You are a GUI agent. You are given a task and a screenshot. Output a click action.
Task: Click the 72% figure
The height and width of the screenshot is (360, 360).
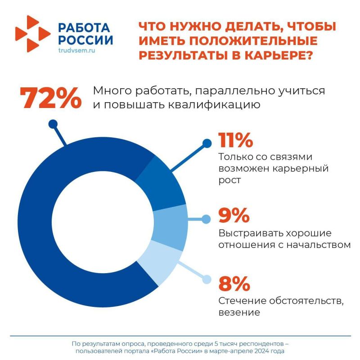[x=50, y=98]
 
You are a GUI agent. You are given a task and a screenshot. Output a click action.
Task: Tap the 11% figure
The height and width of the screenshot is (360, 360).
[x=235, y=140]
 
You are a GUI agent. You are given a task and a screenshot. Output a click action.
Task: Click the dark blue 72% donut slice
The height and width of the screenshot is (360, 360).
[x=54, y=225]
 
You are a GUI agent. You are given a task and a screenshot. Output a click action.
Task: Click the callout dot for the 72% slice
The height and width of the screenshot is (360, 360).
[x=53, y=124]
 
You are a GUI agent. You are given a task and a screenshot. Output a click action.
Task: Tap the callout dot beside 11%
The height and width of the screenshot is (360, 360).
[x=207, y=144]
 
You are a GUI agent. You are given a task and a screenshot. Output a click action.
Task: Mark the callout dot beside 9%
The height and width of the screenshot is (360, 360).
[x=206, y=220]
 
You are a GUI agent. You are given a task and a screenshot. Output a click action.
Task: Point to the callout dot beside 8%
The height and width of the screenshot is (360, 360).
[x=206, y=279]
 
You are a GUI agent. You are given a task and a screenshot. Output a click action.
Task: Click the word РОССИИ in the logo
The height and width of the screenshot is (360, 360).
[x=85, y=40]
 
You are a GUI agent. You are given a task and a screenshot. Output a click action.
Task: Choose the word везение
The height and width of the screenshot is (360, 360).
[x=239, y=312]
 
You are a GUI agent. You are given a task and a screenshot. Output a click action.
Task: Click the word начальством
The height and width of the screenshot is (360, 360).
[x=319, y=245]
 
